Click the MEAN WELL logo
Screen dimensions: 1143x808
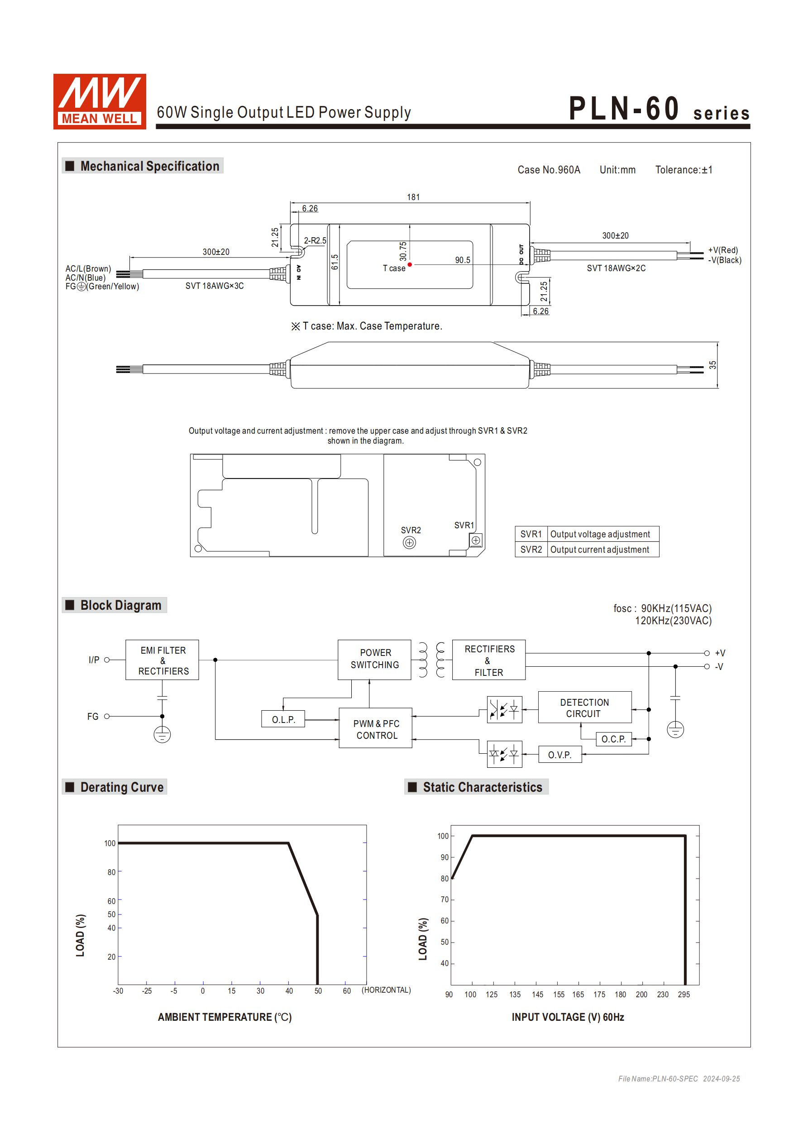coord(100,101)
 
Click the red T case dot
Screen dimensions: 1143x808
coord(410,265)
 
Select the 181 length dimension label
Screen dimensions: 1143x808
coord(413,197)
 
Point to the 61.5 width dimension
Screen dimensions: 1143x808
coord(335,263)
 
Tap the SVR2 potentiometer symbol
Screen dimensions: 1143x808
coord(410,543)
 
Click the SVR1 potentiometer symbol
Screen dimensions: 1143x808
coord(476,540)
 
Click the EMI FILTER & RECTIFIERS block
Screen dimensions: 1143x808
coord(163,660)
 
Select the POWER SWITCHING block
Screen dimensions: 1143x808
coord(374,659)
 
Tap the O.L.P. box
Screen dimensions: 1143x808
coord(283,719)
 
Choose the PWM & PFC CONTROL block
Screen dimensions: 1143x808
coord(376,729)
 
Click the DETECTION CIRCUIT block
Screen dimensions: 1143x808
coord(584,708)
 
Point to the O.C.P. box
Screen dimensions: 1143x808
coord(613,739)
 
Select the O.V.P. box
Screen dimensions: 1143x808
coord(559,755)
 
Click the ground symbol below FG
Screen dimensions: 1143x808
coord(163,735)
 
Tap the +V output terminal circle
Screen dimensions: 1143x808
coord(707,653)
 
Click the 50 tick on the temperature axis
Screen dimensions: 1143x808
coord(318,990)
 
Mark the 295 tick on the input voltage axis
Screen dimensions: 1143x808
coord(684,994)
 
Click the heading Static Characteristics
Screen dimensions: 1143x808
coord(482,787)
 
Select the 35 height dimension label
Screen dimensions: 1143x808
coord(713,365)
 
